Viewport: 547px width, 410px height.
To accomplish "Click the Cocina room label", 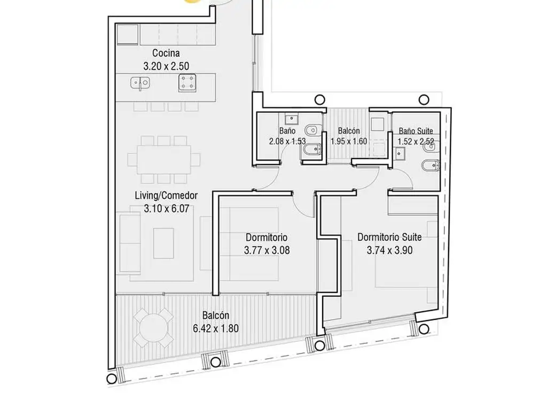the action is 166,53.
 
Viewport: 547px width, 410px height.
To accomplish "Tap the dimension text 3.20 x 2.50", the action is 166,66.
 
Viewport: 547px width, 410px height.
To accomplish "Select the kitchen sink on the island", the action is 140,83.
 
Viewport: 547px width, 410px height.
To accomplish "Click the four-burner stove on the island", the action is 187,83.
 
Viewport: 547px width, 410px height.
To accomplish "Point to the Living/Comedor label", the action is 167,195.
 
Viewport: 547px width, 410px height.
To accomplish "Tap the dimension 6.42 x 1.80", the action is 216,328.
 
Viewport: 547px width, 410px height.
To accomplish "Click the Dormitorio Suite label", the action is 389,237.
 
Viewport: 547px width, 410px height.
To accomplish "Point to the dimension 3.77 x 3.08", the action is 267,250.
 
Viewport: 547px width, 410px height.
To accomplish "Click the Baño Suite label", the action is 416,131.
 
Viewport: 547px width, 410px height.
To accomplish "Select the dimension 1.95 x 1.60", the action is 349,141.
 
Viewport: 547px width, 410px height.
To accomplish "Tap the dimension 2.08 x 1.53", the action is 287,141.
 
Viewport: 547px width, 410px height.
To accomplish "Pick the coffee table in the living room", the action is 163,243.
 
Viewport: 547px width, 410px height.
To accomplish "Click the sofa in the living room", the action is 130,243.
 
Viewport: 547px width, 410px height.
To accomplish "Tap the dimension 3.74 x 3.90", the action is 389,250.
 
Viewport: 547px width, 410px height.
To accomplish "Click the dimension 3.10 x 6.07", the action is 167,209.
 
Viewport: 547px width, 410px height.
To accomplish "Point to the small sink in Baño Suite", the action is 400,153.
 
